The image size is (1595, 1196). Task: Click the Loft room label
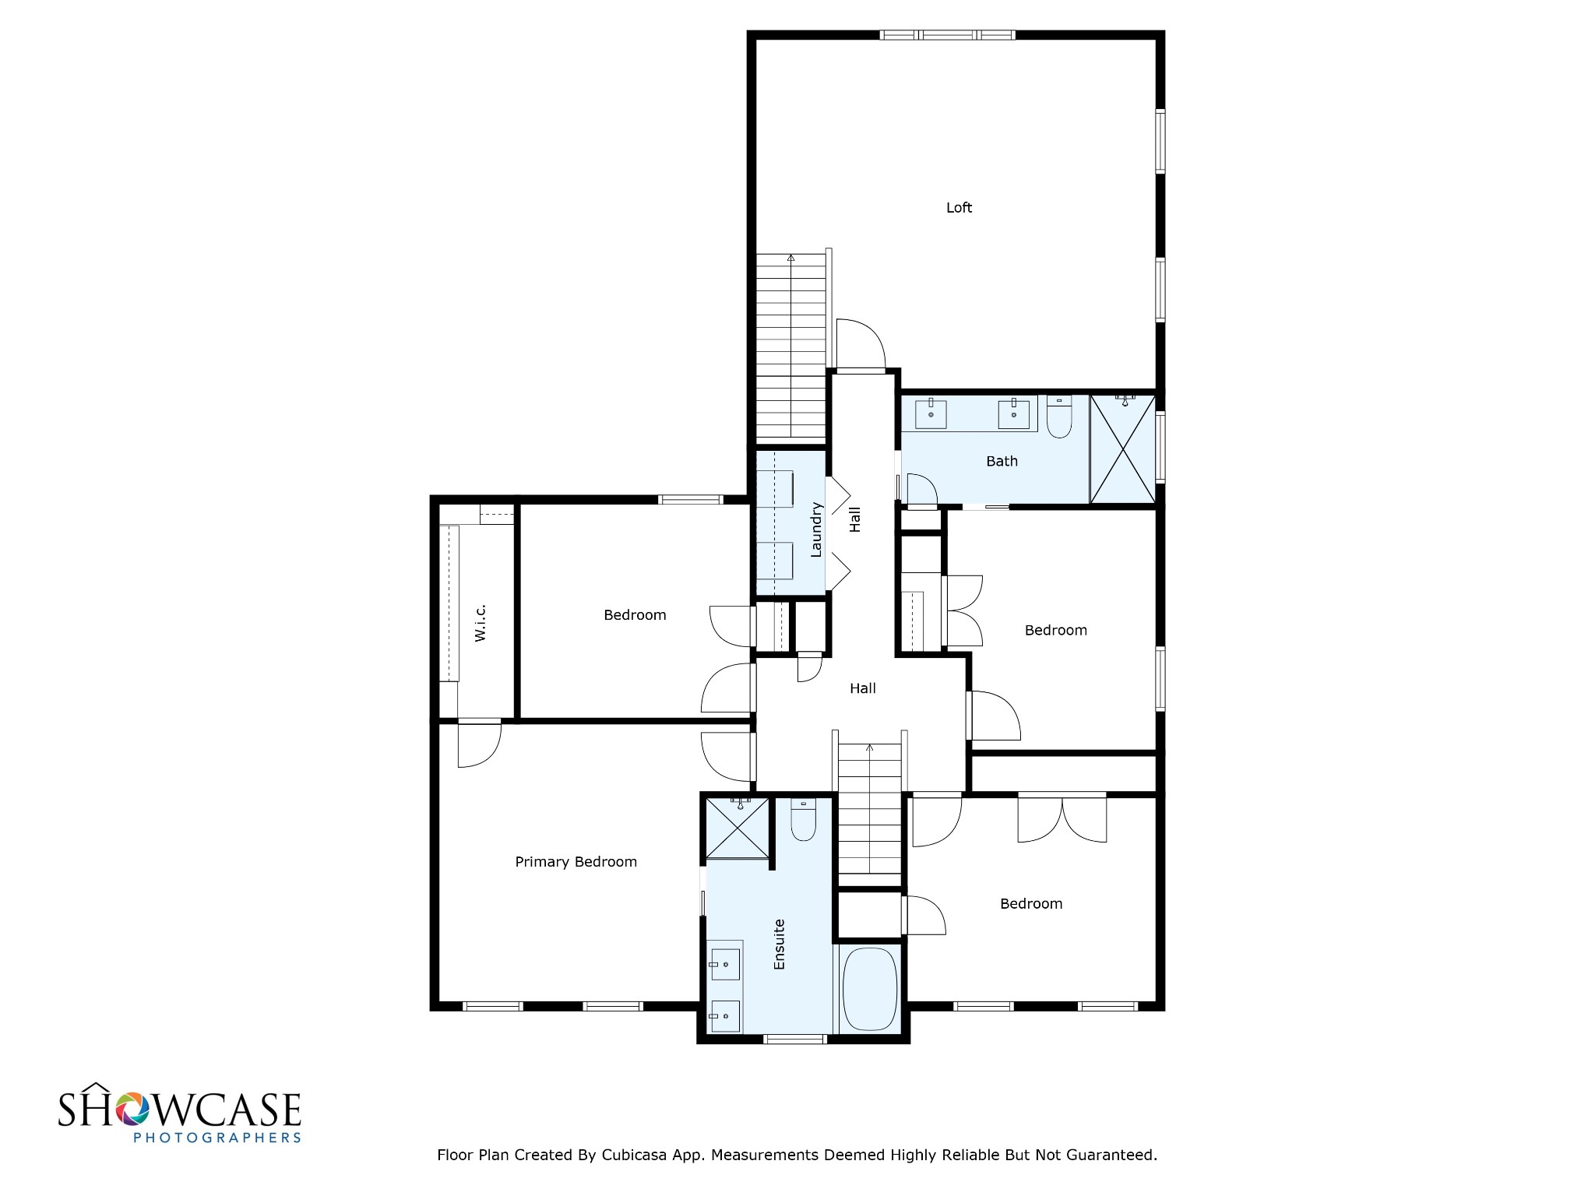[959, 207]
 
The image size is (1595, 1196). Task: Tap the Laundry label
[816, 529]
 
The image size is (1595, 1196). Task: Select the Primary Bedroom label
[576, 861]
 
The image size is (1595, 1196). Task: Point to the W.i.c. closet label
[480, 623]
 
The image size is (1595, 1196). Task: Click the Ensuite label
[779, 944]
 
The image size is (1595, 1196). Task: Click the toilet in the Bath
[1059, 416]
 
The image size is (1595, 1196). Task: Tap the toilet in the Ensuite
[803, 820]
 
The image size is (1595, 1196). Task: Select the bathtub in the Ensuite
[871, 989]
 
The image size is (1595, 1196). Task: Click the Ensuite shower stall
[737, 827]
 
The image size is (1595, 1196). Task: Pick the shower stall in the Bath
[1122, 449]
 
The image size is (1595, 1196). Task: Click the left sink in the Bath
[931, 413]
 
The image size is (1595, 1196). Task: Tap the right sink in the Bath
[1013, 413]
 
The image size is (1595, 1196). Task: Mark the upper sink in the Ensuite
[724, 965]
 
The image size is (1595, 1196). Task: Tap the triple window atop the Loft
[947, 35]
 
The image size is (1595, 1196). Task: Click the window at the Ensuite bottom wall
[794, 1038]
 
